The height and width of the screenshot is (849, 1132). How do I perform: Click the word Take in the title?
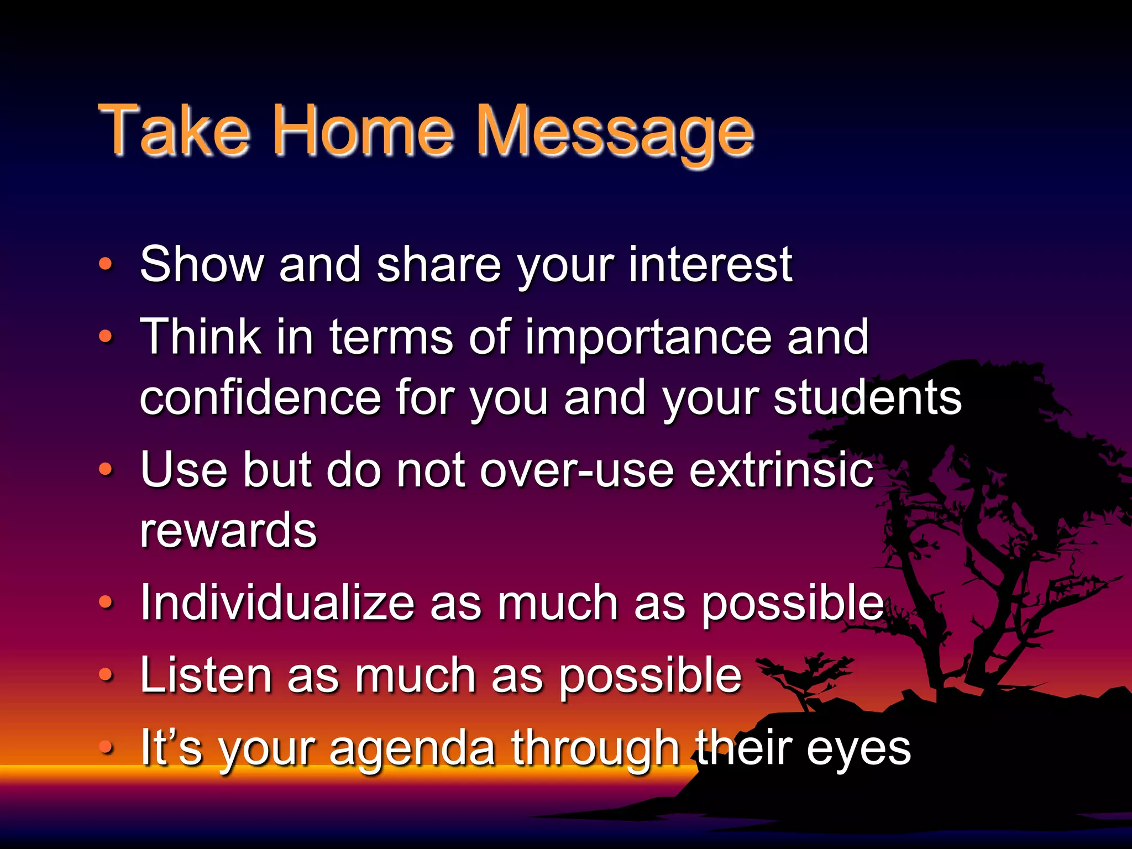(x=174, y=130)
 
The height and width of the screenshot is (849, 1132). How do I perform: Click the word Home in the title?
(x=363, y=130)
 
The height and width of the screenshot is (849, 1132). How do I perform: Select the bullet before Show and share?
(x=106, y=264)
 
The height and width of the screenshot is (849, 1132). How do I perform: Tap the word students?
(x=867, y=397)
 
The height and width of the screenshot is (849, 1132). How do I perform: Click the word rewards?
(x=228, y=531)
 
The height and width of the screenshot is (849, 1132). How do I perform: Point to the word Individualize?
(x=277, y=603)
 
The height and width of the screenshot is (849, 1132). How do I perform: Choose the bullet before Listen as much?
(x=106, y=675)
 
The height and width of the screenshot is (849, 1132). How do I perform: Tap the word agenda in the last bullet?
(x=412, y=749)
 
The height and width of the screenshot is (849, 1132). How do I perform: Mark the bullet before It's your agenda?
(x=106, y=747)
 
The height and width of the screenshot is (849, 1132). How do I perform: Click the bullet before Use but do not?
(x=106, y=470)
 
